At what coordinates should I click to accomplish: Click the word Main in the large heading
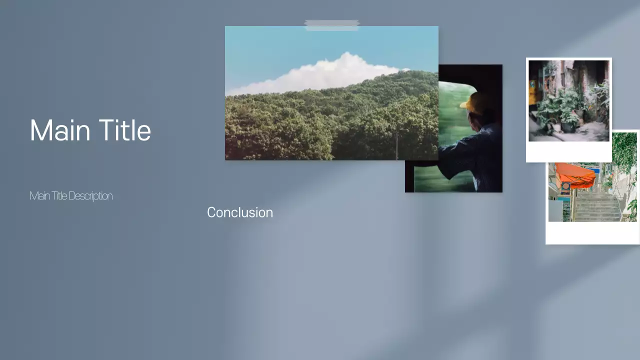click(x=59, y=131)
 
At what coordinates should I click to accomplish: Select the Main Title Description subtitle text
click(x=71, y=196)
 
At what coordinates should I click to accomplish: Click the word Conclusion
click(x=240, y=212)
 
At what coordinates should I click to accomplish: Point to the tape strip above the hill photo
click(x=331, y=25)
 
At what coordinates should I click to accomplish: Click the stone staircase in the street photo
click(x=597, y=205)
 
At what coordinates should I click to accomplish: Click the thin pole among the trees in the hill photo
click(x=396, y=145)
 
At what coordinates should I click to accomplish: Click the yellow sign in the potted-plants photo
click(x=532, y=92)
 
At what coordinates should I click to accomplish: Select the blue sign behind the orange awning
click(x=594, y=170)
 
